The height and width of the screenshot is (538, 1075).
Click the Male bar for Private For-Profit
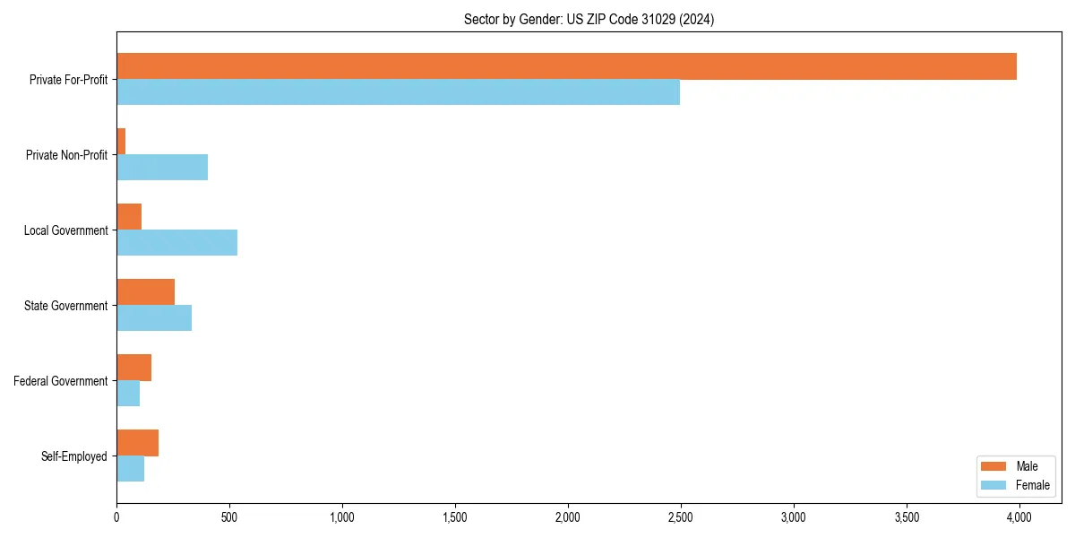566,66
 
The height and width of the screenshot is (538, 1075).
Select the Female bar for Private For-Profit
398,92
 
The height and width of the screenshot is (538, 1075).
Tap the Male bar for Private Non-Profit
121,142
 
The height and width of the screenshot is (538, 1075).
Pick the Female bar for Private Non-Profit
162,168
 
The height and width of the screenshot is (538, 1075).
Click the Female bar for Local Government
176,243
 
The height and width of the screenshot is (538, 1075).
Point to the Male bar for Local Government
129,217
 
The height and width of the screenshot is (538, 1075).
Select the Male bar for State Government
145,292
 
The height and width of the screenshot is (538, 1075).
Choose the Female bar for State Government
154,318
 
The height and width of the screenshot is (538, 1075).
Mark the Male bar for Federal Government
133,368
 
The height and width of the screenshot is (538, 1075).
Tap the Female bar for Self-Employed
130,469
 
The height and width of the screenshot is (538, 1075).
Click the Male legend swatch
994,466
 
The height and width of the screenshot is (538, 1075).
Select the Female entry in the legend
1033,485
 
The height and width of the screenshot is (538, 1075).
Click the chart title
589,19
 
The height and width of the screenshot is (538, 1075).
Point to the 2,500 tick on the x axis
681,517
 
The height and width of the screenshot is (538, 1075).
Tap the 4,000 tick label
1019,517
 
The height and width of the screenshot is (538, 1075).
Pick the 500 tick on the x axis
229,517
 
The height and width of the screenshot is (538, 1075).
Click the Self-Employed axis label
74,456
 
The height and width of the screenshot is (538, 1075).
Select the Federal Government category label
61,381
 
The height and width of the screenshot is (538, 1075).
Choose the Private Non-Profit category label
66,155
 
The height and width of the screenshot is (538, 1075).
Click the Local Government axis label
65,230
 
